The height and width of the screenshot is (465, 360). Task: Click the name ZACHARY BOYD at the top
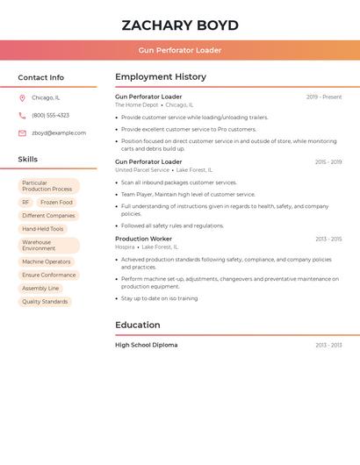[x=180, y=25]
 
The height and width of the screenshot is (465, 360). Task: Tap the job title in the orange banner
[x=180, y=50]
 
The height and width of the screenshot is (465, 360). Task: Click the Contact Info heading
[x=40, y=77]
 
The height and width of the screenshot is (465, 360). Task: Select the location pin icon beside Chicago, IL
[x=22, y=97]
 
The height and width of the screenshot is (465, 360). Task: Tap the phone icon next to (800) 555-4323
[x=22, y=115]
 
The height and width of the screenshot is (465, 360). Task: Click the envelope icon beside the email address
[x=22, y=133]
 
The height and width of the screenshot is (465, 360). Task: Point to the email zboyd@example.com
[x=59, y=133]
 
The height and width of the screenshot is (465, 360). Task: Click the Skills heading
[x=28, y=160]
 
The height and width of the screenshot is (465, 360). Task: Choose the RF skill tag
[x=25, y=202]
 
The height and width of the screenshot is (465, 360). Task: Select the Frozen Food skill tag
[x=54, y=202]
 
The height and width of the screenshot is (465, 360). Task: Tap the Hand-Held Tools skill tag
[x=43, y=229]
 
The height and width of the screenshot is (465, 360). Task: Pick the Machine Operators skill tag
[x=47, y=261]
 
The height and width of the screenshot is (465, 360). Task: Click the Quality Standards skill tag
[x=45, y=302]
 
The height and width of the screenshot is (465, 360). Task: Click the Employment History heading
[x=161, y=77]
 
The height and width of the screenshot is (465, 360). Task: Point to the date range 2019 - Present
[x=324, y=97]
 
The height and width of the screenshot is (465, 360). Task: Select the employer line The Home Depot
[x=137, y=105]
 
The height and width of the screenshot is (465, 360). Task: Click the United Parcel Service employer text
[x=142, y=170]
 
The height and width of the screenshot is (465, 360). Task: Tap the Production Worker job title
[x=143, y=239]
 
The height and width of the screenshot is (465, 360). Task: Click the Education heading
[x=138, y=325]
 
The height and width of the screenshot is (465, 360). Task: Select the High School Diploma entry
[x=146, y=345]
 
